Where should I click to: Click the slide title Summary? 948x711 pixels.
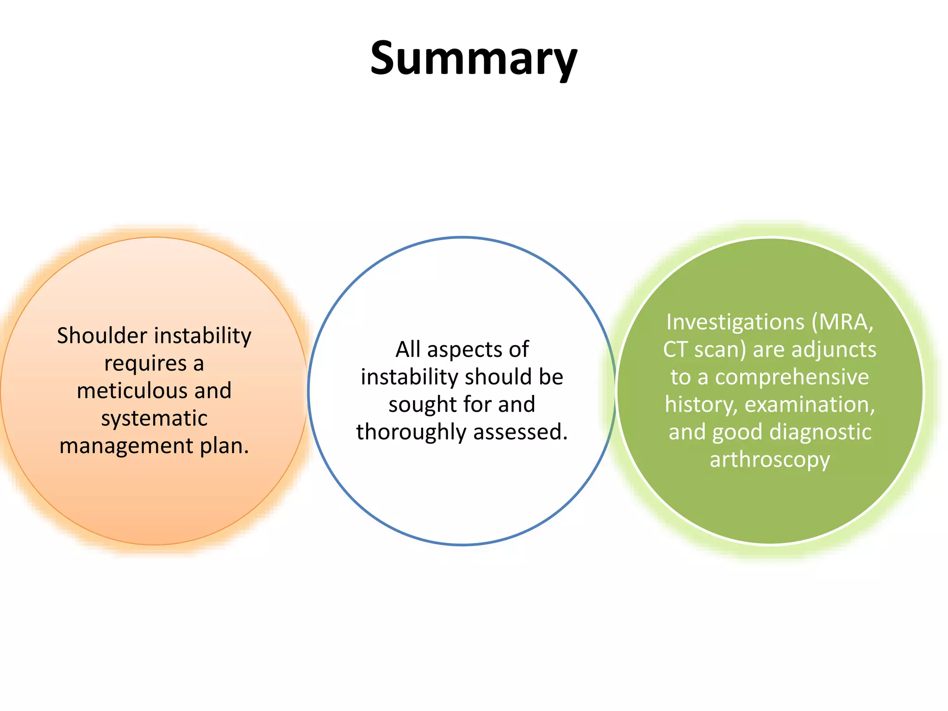pos(474,59)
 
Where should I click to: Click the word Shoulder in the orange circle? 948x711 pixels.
pos(102,336)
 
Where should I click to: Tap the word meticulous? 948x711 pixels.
pos(133,391)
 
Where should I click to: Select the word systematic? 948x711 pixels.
pos(154,418)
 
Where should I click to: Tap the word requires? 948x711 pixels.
pos(145,363)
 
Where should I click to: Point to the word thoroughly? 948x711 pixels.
pos(411,432)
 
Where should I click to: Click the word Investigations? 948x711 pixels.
pos(735,322)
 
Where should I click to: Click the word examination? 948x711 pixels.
pos(810,405)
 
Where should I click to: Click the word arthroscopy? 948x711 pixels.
pos(770,460)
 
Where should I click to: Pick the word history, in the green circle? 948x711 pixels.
pos(701,405)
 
